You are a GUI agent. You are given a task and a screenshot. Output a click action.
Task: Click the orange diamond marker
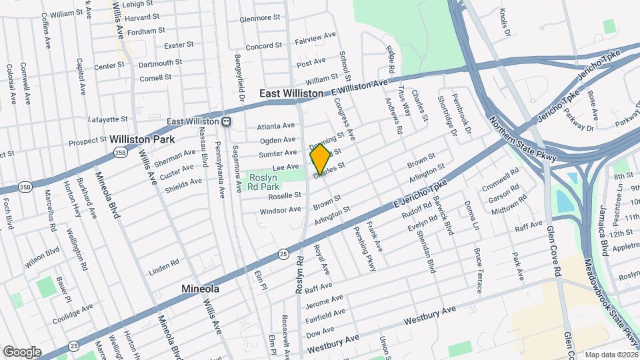(x=320, y=159)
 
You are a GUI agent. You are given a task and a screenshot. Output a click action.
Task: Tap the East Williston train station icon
(x=227, y=121)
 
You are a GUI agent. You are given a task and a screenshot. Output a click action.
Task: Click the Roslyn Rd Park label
(x=267, y=182)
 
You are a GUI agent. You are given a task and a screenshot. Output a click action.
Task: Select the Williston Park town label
(x=142, y=139)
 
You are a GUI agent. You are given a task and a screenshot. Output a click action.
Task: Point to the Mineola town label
(x=201, y=289)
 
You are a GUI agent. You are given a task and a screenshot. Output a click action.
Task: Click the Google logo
(x=22, y=351)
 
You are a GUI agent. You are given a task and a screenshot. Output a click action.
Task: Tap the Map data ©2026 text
(x=610, y=355)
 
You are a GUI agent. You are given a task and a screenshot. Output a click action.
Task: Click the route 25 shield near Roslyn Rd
(x=283, y=254)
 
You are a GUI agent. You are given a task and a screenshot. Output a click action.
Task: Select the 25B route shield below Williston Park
(x=120, y=153)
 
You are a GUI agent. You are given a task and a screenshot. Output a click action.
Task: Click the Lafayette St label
(x=107, y=119)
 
